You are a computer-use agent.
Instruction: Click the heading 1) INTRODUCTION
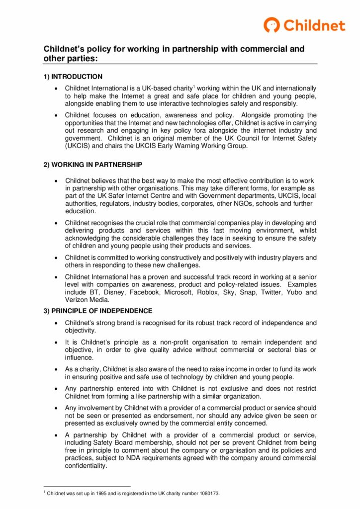[73, 77]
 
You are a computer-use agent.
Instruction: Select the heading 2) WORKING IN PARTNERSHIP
[92, 165]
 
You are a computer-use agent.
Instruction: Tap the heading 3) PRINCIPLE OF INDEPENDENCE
[97, 311]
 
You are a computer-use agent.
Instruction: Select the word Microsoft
[178, 292]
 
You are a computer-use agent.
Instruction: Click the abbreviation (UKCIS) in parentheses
[79, 146]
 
